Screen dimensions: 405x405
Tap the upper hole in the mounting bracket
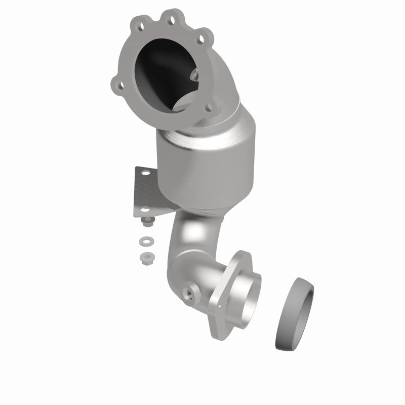(147, 174)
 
